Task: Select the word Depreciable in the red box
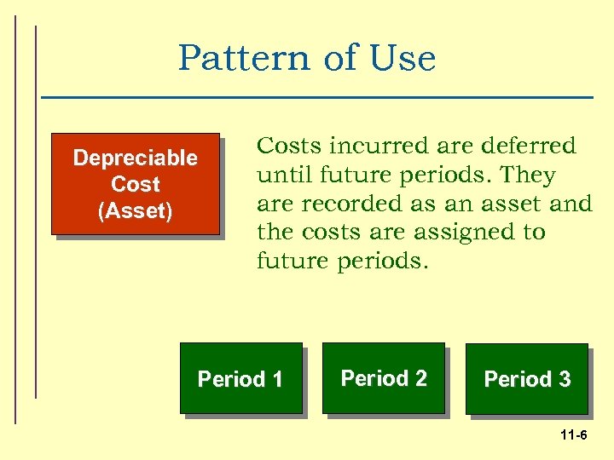pyautogui.click(x=135, y=158)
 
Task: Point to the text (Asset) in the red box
pyautogui.click(x=135, y=210)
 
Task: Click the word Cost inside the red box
pyautogui.click(x=135, y=184)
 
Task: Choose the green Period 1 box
pyautogui.click(x=240, y=378)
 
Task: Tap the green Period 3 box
pyautogui.click(x=527, y=379)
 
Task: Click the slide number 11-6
pyautogui.click(x=573, y=436)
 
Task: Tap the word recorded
pyautogui.click(x=337, y=204)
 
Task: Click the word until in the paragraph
pyautogui.click(x=282, y=175)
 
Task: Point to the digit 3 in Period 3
pyautogui.click(x=564, y=379)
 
